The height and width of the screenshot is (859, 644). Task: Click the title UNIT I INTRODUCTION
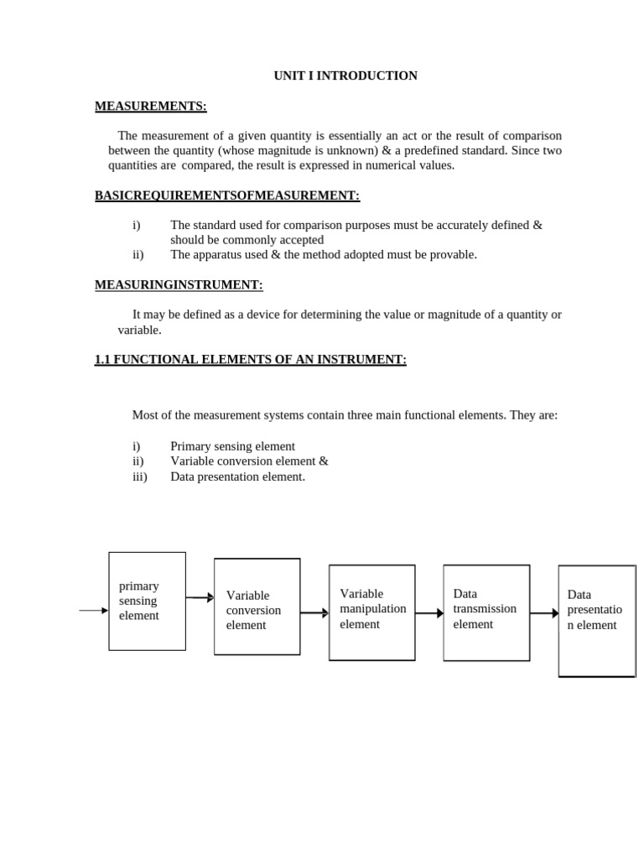tap(345, 75)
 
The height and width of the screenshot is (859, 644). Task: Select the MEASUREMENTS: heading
tap(150, 106)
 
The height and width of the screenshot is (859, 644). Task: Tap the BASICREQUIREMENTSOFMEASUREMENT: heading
tap(226, 195)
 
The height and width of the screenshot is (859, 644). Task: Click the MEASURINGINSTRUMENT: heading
tap(179, 285)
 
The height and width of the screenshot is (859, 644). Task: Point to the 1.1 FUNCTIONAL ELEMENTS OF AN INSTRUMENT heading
tap(250, 359)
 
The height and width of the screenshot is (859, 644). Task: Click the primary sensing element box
tap(147, 601)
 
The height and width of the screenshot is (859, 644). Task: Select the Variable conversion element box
tap(257, 607)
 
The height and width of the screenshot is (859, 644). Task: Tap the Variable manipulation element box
tap(371, 612)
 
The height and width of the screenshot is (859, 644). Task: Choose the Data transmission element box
tap(486, 612)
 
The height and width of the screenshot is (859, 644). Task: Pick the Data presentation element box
tap(596, 620)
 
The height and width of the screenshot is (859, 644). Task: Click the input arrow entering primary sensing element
tap(93, 611)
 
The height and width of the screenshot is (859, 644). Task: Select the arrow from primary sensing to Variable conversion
tap(200, 597)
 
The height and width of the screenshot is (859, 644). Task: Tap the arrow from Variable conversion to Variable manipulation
tap(314, 613)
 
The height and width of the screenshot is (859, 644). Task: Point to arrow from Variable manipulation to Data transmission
tap(428, 613)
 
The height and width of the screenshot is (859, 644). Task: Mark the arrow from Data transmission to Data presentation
tap(543, 613)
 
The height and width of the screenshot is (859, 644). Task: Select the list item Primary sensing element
tap(232, 446)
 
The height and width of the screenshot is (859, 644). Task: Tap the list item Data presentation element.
tap(237, 476)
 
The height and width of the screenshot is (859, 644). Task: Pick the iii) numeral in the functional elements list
tap(139, 476)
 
